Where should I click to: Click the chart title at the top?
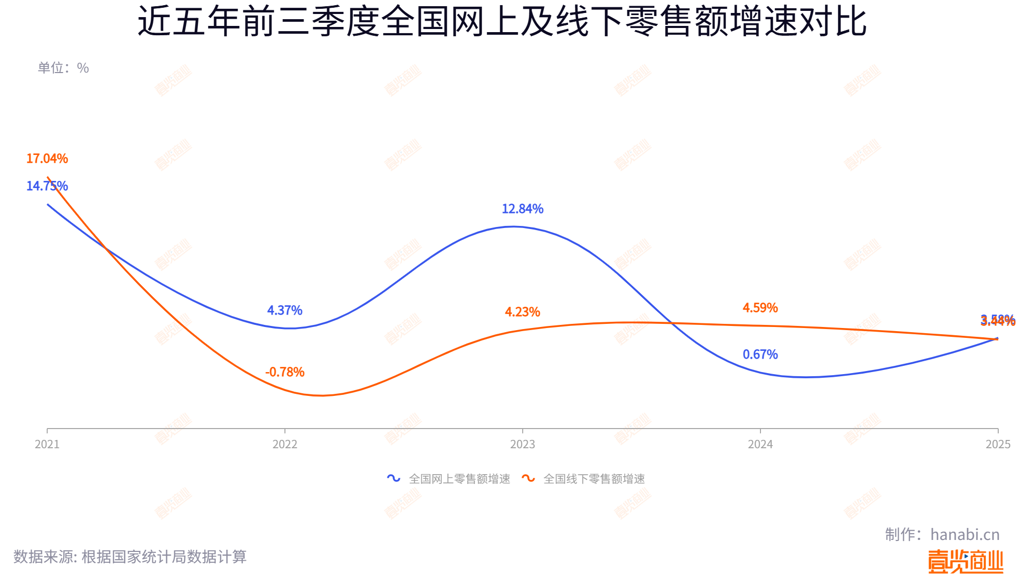click(502, 22)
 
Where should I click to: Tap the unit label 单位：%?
click(63, 68)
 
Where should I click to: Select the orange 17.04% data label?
click(47, 159)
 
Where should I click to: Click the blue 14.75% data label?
click(47, 186)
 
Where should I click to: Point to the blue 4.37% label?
click(284, 310)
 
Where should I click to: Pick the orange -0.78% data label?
click(284, 372)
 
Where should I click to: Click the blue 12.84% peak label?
click(522, 209)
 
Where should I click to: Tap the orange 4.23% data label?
click(522, 312)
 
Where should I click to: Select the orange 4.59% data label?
click(760, 308)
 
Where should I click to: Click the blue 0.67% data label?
click(760, 354)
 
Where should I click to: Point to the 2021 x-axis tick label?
click(47, 444)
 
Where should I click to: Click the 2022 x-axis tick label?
click(284, 444)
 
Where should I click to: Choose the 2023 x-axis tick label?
click(522, 444)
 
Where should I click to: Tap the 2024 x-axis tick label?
click(760, 444)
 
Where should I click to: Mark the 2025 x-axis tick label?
click(998, 444)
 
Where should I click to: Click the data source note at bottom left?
click(130, 557)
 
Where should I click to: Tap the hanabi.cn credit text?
click(965, 534)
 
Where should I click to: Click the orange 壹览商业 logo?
click(965, 562)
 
